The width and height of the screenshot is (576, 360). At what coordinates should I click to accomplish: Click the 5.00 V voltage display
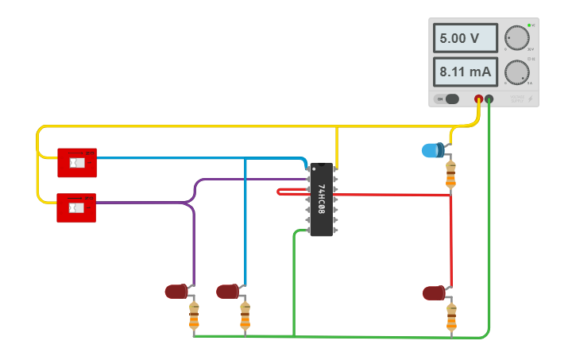click(466, 37)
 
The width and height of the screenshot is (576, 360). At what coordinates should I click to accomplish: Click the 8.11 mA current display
click(466, 72)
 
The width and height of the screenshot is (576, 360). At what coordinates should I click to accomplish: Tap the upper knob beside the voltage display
click(517, 37)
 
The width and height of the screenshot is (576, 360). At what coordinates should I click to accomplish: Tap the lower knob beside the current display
click(517, 72)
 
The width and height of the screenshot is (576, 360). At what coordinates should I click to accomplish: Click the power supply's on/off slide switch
click(450, 99)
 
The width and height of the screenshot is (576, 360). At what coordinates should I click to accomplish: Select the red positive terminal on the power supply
click(479, 99)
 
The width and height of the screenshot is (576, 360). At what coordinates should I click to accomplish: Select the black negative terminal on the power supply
click(489, 99)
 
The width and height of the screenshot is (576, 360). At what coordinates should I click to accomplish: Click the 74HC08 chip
click(321, 199)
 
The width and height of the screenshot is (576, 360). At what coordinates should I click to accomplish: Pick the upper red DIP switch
click(76, 163)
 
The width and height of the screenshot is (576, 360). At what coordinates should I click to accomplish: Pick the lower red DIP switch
click(76, 208)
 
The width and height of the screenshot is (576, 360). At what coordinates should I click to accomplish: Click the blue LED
click(432, 149)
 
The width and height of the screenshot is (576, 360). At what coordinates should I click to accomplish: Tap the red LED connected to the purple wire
click(176, 292)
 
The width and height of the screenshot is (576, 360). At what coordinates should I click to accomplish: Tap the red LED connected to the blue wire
click(227, 292)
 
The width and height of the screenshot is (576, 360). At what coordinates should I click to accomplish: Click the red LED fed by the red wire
click(434, 293)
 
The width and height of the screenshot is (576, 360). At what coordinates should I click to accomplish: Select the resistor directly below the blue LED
click(451, 175)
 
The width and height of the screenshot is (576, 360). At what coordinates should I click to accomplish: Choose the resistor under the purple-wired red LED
click(193, 316)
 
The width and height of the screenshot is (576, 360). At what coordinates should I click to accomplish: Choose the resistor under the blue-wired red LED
click(245, 316)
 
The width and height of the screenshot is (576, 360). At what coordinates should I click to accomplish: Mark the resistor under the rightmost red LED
click(451, 317)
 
